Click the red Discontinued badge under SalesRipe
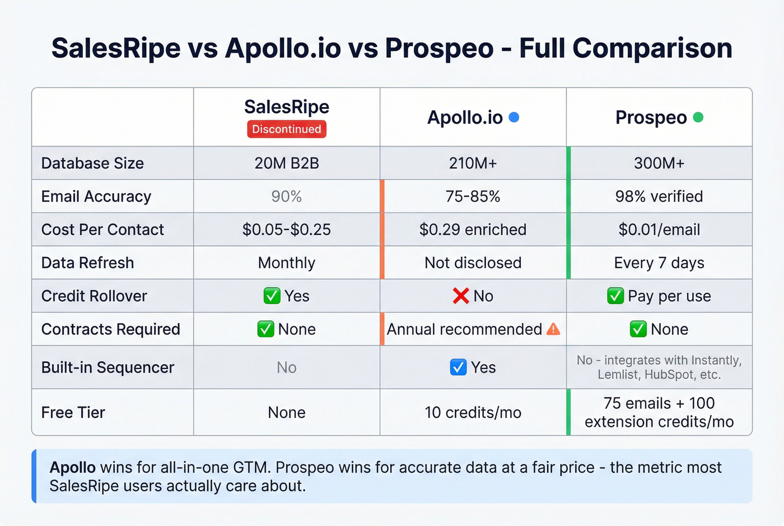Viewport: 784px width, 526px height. pos(286,129)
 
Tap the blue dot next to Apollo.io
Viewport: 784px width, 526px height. pos(514,117)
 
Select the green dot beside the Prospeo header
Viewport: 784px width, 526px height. pos(698,117)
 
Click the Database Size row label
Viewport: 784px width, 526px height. pos(92,163)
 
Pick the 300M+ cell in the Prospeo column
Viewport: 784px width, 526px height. pos(659,163)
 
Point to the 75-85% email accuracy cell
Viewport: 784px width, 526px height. pos(473,196)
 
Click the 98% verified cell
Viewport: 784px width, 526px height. pos(659,196)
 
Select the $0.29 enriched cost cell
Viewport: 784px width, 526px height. pos(473,230)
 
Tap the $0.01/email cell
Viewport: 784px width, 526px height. pos(659,230)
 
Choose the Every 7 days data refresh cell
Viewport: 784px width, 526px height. pos(659,263)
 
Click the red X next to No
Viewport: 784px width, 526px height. pos(460,296)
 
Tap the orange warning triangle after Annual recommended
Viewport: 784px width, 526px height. pos(553,329)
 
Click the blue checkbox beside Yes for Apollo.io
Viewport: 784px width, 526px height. pos(458,367)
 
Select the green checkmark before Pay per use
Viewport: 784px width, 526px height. pos(615,296)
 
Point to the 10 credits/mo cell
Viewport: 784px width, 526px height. pos(473,412)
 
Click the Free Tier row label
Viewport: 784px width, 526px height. pos(73,412)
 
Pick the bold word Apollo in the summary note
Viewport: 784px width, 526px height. pos(72,467)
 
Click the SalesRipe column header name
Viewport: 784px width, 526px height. pos(286,106)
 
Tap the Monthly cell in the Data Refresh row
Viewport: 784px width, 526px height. pos(286,263)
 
